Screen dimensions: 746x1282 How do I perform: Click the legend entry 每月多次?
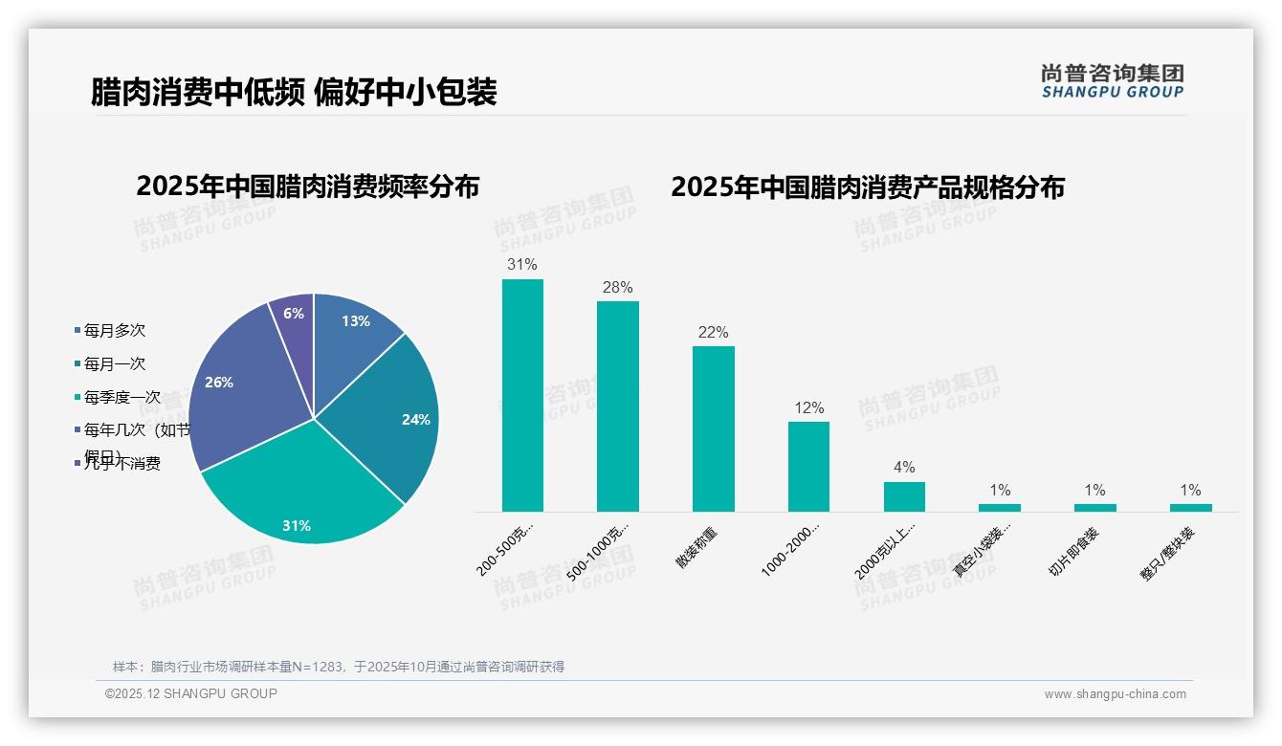coord(114,331)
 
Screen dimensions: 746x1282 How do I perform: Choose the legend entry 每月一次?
coord(114,363)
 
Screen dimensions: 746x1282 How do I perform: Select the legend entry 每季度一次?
coord(122,397)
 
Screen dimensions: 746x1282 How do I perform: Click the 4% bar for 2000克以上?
coord(904,496)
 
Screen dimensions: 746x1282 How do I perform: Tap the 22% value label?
coord(713,333)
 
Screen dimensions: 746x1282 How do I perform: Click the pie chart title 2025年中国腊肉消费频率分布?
coord(307,186)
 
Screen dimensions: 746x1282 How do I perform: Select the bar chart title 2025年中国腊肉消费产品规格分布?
coord(867,187)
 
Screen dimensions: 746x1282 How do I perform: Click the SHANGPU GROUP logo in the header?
coord(1112,81)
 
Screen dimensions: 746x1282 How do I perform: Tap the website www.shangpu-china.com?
coord(1115,694)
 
